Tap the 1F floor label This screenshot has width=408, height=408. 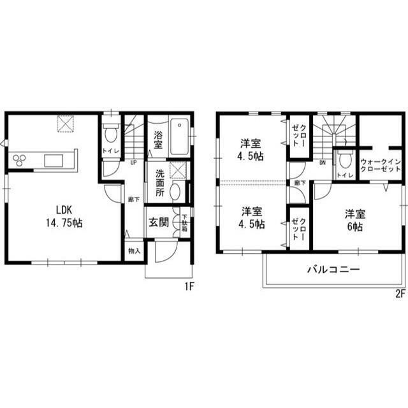[189, 287]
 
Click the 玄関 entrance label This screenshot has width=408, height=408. [159, 222]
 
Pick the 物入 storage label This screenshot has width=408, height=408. [134, 251]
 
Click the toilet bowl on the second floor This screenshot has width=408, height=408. [346, 159]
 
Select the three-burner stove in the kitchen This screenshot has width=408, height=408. [17, 159]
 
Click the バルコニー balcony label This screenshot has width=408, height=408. [333, 270]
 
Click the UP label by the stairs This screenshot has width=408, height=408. [133, 162]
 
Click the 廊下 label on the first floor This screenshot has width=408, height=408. [133, 199]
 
